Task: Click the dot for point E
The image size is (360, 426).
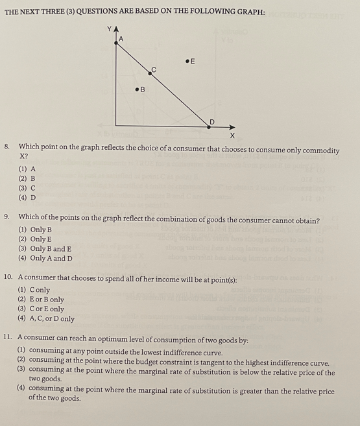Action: [187, 61]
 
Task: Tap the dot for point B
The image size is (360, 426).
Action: [137, 89]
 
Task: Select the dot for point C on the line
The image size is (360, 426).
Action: [149, 74]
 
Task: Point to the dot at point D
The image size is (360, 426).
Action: [209, 127]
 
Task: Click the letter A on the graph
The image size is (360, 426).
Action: [120, 40]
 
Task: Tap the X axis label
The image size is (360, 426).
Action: [232, 135]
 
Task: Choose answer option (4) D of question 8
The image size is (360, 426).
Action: [27, 197]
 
